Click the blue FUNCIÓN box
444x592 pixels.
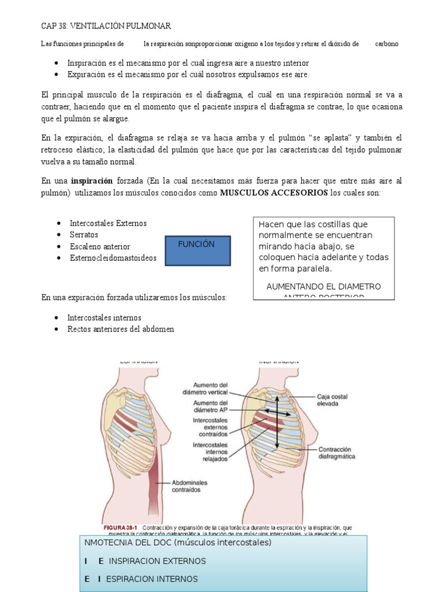click(x=198, y=250)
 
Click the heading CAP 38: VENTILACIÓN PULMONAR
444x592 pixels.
click(x=106, y=27)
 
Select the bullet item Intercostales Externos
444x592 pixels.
click(x=108, y=223)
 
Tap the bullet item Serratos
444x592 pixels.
click(x=84, y=235)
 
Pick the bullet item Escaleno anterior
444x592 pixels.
click(x=99, y=246)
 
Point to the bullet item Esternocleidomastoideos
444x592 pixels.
click(x=113, y=258)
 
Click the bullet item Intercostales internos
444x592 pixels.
click(x=104, y=318)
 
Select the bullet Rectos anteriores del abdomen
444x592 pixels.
click(x=120, y=329)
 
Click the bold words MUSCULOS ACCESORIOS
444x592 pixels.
click(x=274, y=193)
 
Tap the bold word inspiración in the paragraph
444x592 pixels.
click(x=92, y=181)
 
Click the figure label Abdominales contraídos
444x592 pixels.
click(x=189, y=485)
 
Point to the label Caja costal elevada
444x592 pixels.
click(x=332, y=401)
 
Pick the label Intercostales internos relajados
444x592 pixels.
click(x=210, y=452)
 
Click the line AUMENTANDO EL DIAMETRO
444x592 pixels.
click(x=323, y=287)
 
